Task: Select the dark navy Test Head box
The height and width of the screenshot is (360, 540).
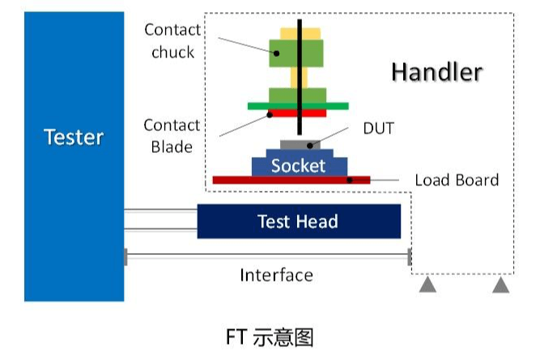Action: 299,221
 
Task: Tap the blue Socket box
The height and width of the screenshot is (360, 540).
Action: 298,166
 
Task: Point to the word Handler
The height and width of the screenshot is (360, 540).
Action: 436,72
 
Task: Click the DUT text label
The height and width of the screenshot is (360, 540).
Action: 378,128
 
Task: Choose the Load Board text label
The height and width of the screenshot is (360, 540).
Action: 457,180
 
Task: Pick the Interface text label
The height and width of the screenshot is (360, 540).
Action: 276,275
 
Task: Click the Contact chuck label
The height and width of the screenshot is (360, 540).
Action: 172,41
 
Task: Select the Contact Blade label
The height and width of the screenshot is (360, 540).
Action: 172,136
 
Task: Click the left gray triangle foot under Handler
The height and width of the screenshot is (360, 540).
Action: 427,285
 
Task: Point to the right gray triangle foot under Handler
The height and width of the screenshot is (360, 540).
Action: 501,285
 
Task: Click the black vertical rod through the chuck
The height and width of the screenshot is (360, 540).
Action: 300,77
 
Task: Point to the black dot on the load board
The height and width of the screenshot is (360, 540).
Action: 350,180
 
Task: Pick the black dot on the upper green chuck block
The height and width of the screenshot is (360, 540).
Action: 275,53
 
